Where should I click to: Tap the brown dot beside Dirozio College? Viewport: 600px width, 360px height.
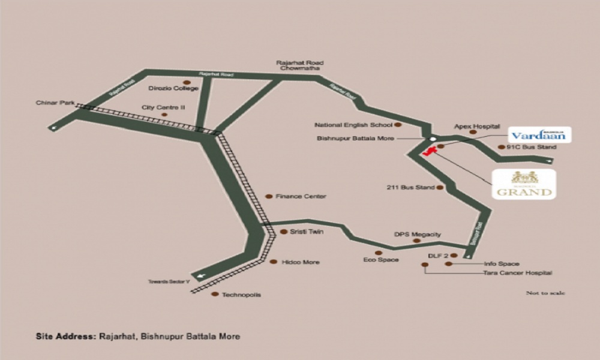click(x=187, y=82)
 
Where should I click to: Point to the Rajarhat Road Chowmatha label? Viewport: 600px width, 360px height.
click(x=299, y=65)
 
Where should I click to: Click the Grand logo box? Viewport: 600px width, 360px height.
click(x=523, y=184)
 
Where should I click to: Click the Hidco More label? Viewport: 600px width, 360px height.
click(x=301, y=262)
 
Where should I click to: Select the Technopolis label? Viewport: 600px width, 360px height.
click(x=241, y=295)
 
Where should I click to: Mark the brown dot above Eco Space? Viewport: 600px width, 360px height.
click(x=378, y=253)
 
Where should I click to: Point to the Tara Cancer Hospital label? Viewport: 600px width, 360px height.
click(x=517, y=273)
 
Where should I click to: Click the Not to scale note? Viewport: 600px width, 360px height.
click(x=545, y=293)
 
